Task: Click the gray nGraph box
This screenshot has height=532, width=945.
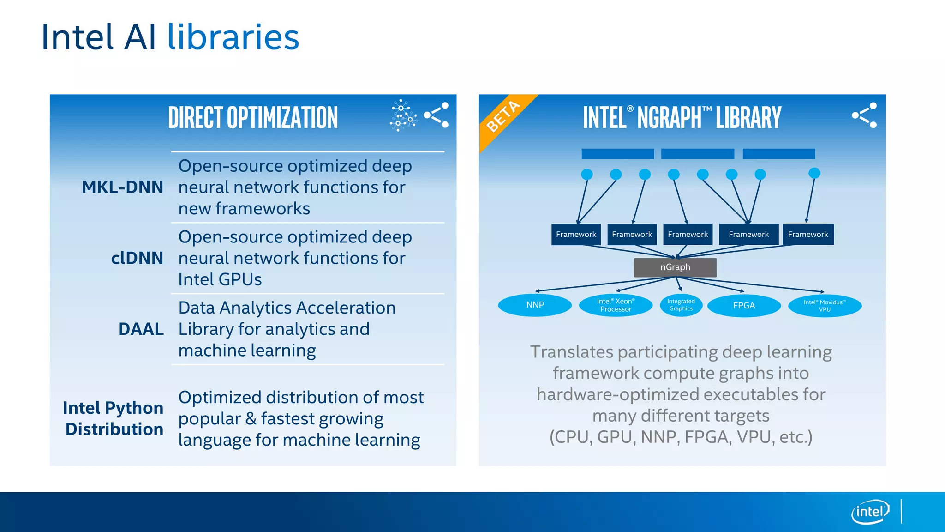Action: (x=675, y=267)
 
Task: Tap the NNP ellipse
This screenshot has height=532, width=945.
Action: (x=535, y=305)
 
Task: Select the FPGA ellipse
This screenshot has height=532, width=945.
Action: (x=744, y=306)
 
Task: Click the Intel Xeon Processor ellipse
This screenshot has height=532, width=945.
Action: (x=616, y=305)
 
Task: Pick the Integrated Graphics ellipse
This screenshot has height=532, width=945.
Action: (x=681, y=305)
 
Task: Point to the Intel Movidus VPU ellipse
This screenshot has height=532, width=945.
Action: (x=825, y=306)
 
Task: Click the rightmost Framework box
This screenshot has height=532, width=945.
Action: (x=808, y=234)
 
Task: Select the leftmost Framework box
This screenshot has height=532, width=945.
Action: (x=576, y=234)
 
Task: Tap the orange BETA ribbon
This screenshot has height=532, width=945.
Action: (x=504, y=116)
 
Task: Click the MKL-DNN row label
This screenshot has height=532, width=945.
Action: (x=122, y=187)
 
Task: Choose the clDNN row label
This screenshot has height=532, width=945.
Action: (x=137, y=258)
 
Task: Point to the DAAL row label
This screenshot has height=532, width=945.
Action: (x=141, y=329)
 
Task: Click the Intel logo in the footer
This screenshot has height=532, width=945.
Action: (x=870, y=512)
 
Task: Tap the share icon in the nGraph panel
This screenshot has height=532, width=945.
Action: (x=864, y=115)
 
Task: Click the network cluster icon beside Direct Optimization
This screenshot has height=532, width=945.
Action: (x=403, y=115)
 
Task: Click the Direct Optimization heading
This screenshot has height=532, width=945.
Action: (x=253, y=117)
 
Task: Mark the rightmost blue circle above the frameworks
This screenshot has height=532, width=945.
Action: (x=814, y=173)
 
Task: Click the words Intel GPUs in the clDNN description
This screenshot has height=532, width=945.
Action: (x=220, y=280)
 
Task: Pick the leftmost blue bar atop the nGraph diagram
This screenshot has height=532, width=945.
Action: (x=617, y=154)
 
